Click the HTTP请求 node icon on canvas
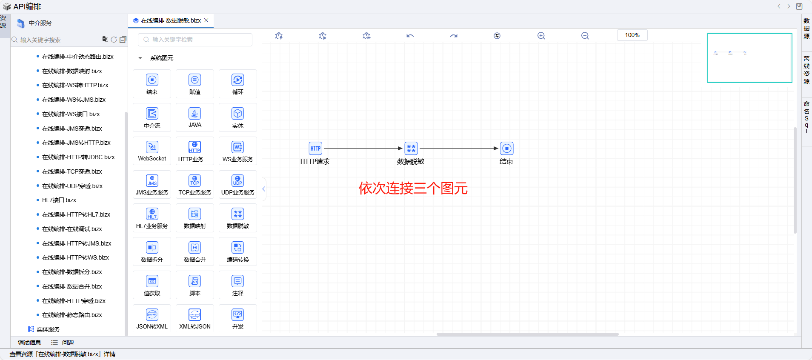pos(315,149)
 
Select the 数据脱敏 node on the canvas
pos(411,149)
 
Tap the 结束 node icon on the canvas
pos(506,149)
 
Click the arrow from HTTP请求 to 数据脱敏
pos(362,149)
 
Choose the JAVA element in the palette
pos(195,117)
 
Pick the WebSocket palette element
pos(152,151)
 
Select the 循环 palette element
pos(237,83)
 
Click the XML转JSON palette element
pos(195,318)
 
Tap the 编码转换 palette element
pos(237,251)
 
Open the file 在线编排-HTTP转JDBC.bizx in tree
pos(78,157)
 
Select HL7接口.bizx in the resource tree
pos(59,200)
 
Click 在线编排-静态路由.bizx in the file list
pos(72,315)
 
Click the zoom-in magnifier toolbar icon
pos(541,36)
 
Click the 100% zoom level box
pos(632,35)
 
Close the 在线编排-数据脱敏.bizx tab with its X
pos(206,20)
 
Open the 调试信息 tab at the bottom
pos(29,343)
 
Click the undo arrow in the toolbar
pos(410,36)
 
